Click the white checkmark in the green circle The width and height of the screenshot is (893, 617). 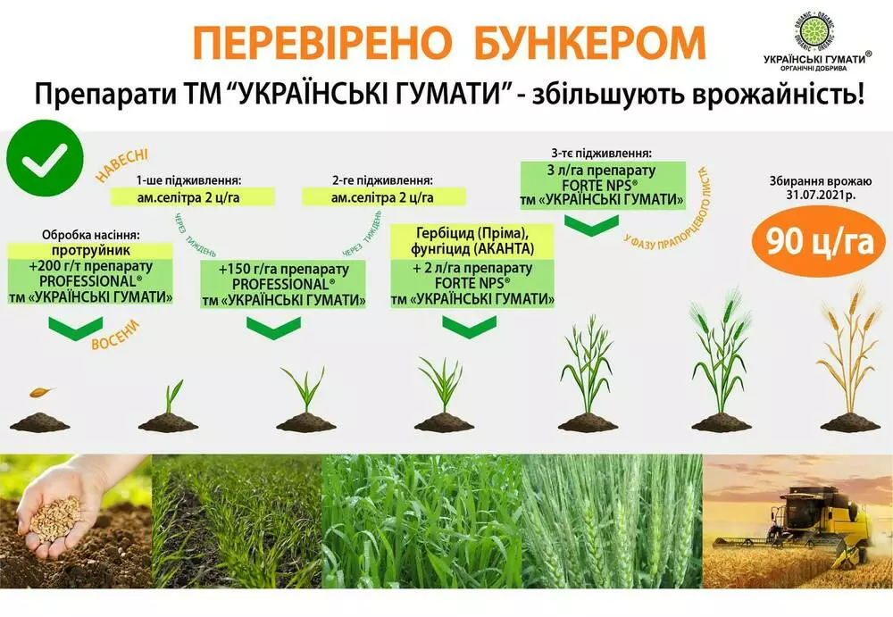(45, 159)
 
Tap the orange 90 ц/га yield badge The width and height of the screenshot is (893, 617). (819, 242)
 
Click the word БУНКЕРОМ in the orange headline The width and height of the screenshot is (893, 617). (588, 42)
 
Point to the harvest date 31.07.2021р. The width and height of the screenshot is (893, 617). (819, 195)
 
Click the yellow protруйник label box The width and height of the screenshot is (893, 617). (90, 250)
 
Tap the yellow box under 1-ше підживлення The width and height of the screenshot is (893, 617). (193, 197)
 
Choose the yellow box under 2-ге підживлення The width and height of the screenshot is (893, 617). (383, 197)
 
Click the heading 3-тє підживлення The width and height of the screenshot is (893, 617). (601, 154)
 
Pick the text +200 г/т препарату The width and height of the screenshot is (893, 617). (91, 266)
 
